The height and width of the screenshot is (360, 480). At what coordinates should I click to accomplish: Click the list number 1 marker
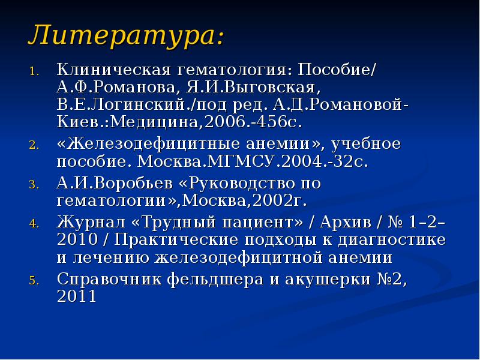[34, 70]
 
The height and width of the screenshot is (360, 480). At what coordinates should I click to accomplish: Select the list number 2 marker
[34, 146]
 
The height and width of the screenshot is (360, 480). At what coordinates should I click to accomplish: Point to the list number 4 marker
[34, 223]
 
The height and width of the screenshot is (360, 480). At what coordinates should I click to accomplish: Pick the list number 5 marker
[34, 280]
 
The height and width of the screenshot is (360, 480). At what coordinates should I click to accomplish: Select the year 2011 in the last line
[76, 297]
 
